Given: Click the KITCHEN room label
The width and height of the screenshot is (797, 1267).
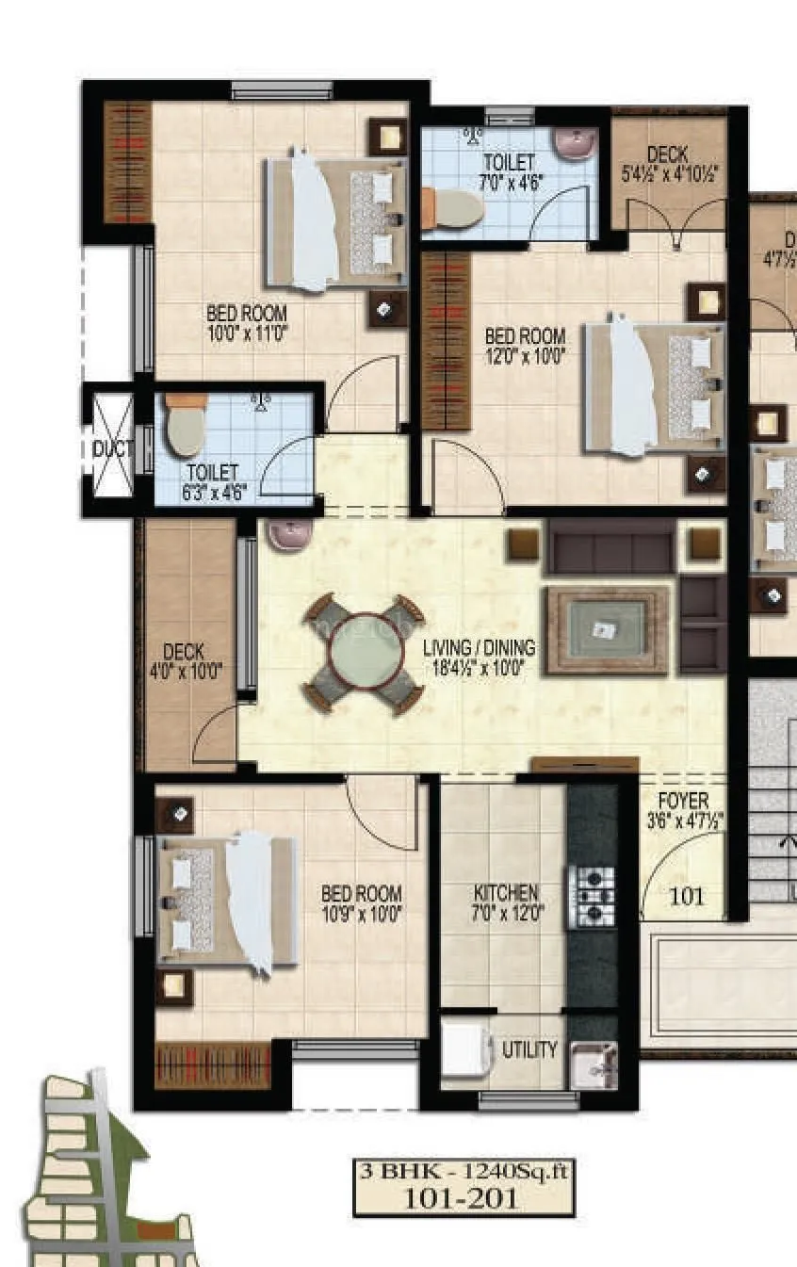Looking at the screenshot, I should point(506,892).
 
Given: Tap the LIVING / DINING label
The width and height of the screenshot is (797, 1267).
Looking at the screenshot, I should point(479,648).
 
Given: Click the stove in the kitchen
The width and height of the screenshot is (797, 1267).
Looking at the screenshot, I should point(591,897).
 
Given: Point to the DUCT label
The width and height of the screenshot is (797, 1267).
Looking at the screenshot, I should point(113,450).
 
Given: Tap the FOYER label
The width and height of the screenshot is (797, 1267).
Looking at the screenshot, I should point(683,801).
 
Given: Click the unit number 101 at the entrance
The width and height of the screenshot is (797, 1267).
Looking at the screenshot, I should point(686,897).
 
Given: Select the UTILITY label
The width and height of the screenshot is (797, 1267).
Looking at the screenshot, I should point(529,1049).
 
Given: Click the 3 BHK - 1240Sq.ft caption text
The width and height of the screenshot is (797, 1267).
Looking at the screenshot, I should point(464,1173).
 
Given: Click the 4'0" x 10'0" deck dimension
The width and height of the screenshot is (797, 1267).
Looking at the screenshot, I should point(186,672).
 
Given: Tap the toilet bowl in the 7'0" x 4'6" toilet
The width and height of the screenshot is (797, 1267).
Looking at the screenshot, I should point(452,207).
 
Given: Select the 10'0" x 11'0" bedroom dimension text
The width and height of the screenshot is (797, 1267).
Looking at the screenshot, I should point(247,332).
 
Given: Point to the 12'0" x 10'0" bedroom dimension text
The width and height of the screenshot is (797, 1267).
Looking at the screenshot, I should point(525,355).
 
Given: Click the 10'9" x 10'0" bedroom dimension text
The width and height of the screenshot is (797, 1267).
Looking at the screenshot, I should point(362,913).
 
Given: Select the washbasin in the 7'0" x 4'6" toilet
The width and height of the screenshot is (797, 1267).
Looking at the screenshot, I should point(573,144).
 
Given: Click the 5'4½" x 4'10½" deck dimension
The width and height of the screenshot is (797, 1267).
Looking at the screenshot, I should point(670,173).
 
